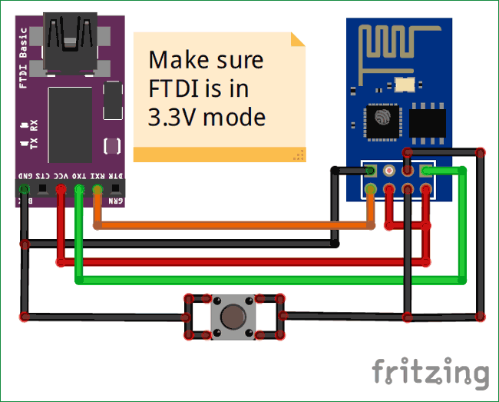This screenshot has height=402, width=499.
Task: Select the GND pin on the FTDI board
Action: click(25, 188)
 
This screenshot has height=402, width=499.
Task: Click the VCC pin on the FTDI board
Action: click(61, 188)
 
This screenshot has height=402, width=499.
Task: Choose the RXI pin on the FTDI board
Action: click(97, 188)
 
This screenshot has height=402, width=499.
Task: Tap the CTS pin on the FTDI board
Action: click(43, 188)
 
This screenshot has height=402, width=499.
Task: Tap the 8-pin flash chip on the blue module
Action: click(428, 122)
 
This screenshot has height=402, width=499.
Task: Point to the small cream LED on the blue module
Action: click(408, 82)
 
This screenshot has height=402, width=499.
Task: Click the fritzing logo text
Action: click(430, 372)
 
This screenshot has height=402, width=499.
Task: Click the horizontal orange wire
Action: click(230, 225)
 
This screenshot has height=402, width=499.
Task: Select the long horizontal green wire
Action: click(269, 281)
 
